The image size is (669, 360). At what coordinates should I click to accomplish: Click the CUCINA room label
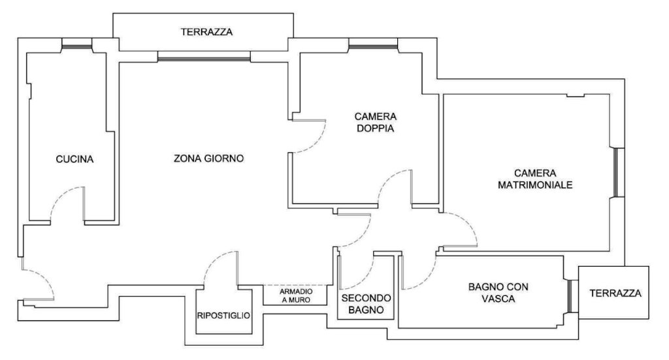(x=74, y=159)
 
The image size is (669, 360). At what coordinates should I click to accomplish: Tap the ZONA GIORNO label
(x=209, y=158)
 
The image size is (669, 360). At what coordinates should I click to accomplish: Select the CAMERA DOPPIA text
(x=376, y=122)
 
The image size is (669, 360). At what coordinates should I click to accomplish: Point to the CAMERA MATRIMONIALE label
(x=535, y=179)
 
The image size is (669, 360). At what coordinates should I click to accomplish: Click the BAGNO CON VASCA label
(x=498, y=293)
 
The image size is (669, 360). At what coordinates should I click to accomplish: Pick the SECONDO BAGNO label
(x=366, y=304)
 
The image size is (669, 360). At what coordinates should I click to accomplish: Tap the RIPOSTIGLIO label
(x=223, y=316)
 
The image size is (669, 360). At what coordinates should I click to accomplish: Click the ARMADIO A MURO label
(x=295, y=295)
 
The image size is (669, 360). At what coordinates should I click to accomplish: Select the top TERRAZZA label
(x=207, y=31)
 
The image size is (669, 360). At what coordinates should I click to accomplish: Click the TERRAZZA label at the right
(x=615, y=293)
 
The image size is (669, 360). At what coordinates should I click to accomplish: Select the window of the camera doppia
(x=373, y=44)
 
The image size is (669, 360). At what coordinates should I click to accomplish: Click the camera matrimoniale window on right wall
(x=619, y=172)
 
